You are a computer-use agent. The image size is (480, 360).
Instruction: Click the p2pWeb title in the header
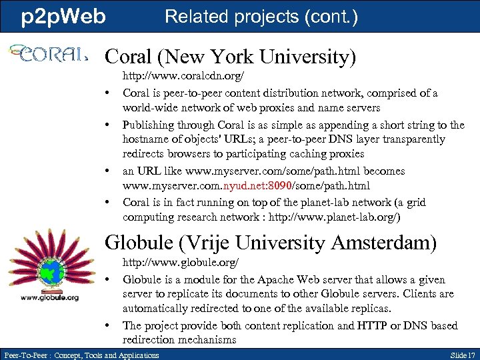63,17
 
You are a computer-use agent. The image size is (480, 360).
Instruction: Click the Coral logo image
47,53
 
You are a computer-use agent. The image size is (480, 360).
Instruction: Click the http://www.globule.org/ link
180,265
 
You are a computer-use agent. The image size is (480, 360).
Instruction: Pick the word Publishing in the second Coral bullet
149,125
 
